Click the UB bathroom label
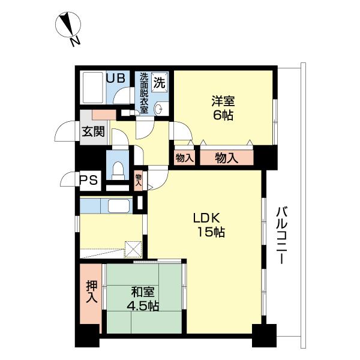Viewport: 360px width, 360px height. pyautogui.click(x=116, y=77)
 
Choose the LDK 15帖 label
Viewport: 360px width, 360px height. pyautogui.click(x=208, y=225)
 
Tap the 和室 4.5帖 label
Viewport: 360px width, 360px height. pyautogui.click(x=143, y=299)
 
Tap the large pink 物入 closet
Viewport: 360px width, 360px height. pyautogui.click(x=226, y=158)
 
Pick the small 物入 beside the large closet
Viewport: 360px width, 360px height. pyautogui.click(x=184, y=158)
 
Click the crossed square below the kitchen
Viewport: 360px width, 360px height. pyautogui.click(x=133, y=248)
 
